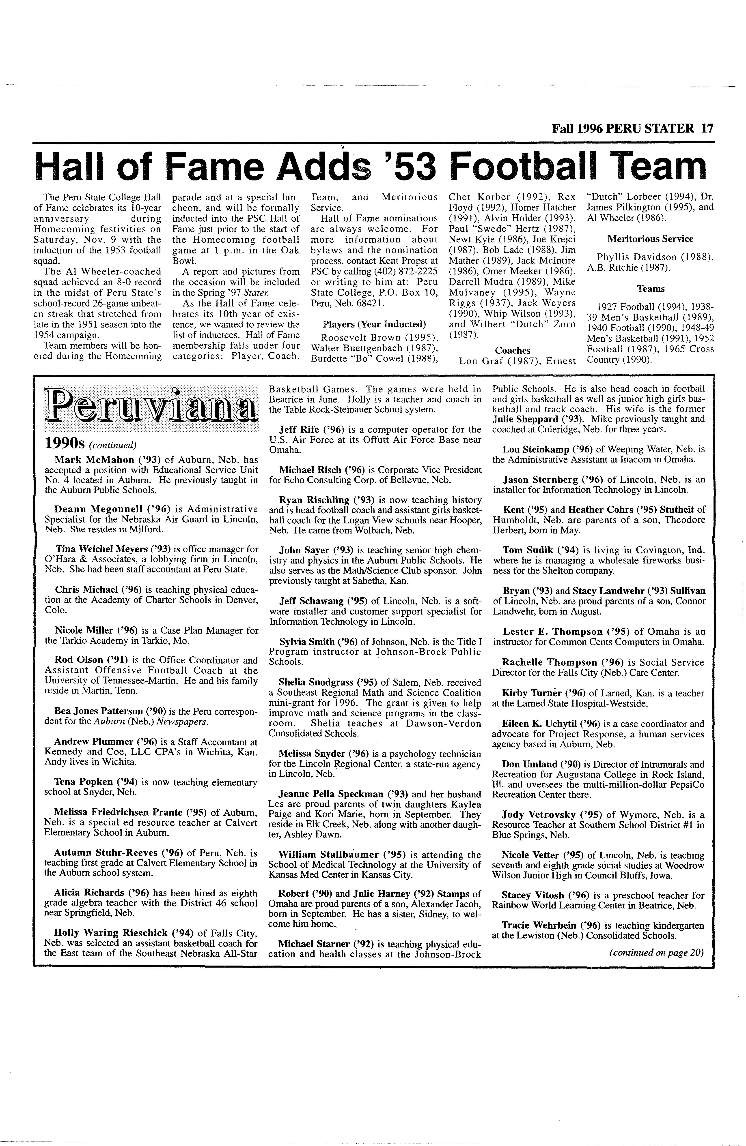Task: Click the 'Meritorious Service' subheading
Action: point(650,239)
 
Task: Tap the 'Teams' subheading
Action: point(651,289)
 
